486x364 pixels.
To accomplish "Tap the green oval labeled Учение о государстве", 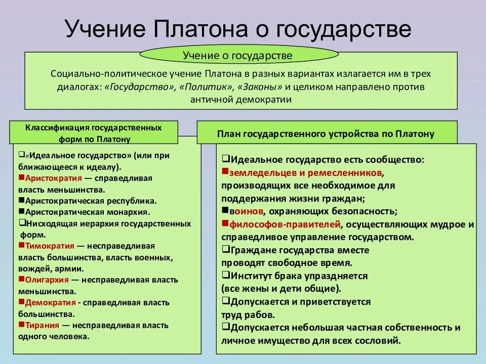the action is point(237,54).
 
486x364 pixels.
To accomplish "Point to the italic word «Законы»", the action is point(261,86).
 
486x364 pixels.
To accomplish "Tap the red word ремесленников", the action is point(353,172).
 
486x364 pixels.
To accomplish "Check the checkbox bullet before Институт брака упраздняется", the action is point(226,276).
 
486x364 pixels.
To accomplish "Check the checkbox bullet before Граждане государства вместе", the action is point(226,250).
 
